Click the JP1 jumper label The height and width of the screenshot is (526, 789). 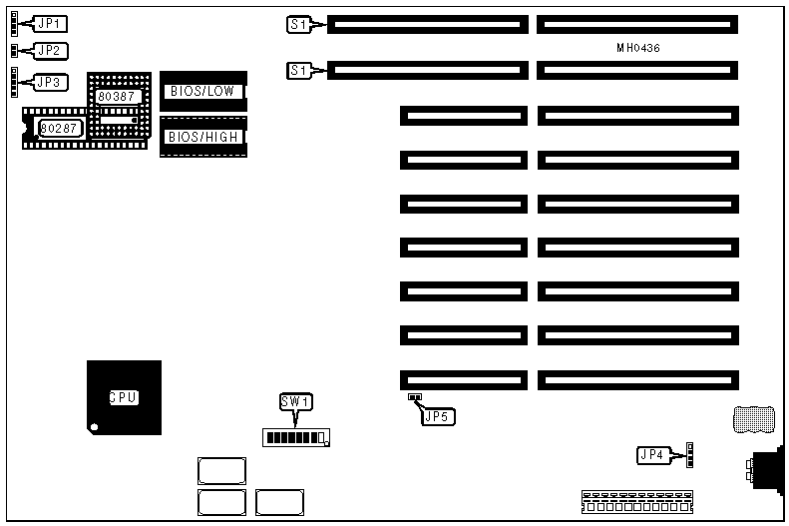click(x=50, y=23)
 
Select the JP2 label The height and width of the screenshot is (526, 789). click(x=50, y=50)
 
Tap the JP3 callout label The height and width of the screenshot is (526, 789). click(x=50, y=82)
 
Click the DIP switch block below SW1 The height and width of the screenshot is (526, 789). click(x=296, y=437)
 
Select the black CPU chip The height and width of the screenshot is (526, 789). click(x=123, y=396)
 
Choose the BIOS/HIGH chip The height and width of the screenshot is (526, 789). click(x=202, y=137)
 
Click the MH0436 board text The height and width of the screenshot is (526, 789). click(x=638, y=48)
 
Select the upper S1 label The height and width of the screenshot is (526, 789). click(x=298, y=24)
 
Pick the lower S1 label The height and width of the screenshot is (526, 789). click(x=298, y=71)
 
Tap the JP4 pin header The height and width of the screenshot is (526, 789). click(x=688, y=454)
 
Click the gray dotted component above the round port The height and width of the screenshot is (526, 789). click(x=752, y=420)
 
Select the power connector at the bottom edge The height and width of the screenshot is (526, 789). click(x=634, y=501)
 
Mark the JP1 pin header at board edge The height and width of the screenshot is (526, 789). click(x=12, y=22)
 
